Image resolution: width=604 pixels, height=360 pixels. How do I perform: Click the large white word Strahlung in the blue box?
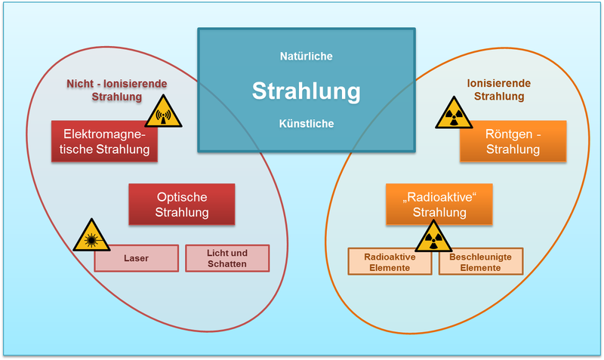306,91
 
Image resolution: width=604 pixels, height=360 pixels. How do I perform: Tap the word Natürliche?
306,57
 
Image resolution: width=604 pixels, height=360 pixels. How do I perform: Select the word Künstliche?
306,124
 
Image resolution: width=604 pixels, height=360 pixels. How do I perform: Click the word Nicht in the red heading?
76,84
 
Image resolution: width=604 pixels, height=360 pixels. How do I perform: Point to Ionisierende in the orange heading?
499,84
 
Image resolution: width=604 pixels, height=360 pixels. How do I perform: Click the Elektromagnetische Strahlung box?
106,141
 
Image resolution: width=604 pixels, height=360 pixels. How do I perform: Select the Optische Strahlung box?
182,205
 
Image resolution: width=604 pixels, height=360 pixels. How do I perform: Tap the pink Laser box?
137,258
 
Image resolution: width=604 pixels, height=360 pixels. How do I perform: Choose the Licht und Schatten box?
227,258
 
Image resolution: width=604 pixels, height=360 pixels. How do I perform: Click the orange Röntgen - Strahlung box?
513,141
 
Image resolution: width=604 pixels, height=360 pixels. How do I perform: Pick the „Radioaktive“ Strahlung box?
439,205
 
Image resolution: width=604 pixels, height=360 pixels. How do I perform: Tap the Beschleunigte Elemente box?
480,261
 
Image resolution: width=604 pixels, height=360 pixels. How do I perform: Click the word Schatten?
227,264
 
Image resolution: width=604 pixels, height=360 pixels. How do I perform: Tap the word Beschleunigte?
480,256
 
